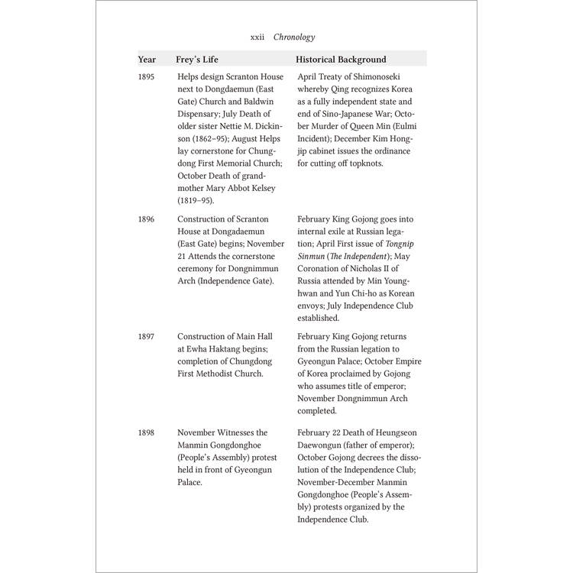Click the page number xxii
257,37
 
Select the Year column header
147,60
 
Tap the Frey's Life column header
200,60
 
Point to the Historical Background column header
340,60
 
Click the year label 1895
146,77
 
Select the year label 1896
146,219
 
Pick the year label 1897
146,337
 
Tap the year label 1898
146,432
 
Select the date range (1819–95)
196,201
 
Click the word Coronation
322,268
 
